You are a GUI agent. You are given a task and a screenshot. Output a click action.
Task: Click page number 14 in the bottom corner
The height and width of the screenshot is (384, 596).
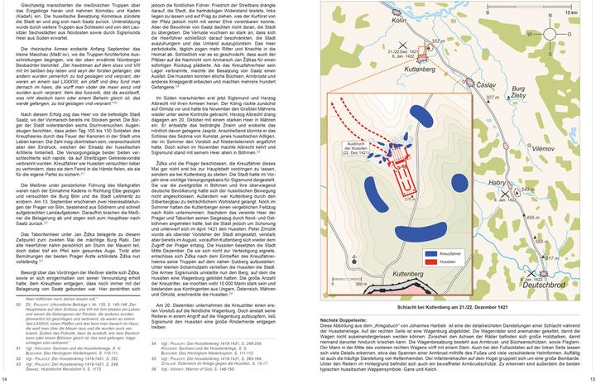7,379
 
